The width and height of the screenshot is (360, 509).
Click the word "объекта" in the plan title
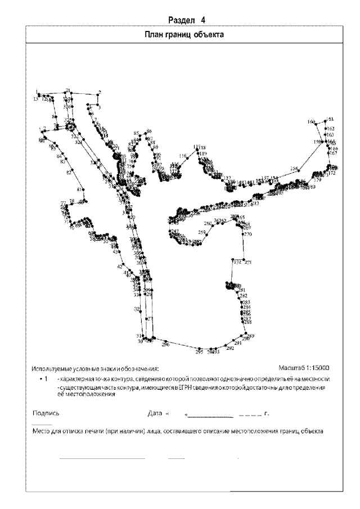pyautogui.click(x=211, y=34)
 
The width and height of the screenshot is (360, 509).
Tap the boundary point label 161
pyautogui.click(x=330, y=119)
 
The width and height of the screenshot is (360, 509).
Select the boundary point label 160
pyautogui.click(x=311, y=121)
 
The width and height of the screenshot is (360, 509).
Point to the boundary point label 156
pyautogui.click(x=294, y=169)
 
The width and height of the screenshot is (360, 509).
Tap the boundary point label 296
pyautogui.click(x=165, y=343)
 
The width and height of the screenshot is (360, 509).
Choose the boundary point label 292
pyautogui.click(x=229, y=349)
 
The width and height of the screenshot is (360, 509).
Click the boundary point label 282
pyautogui.click(x=244, y=296)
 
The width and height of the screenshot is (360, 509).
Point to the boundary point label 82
pyautogui.click(x=69, y=173)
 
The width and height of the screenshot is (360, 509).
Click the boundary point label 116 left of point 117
pyautogui.click(x=182, y=156)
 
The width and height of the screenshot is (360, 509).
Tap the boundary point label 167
pyautogui.click(x=333, y=153)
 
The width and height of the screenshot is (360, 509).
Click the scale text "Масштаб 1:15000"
pyautogui.click(x=304, y=368)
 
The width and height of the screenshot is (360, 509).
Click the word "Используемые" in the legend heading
pyautogui.click(x=52, y=369)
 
